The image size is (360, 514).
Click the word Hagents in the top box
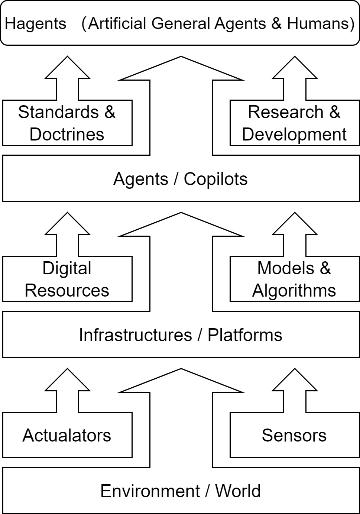tap(36, 24)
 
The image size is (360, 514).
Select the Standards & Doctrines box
tap(67, 123)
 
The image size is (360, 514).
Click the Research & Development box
tap(294, 123)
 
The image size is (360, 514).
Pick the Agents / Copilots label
tap(181, 179)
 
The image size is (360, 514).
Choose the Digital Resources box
tap(67, 279)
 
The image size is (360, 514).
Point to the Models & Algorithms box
tap(294, 279)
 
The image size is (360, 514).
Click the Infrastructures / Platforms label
tap(181, 335)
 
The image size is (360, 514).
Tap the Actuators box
tap(67, 435)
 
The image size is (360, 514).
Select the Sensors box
tap(294, 435)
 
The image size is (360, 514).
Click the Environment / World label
tap(181, 491)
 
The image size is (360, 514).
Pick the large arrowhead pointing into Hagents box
tap(181, 71)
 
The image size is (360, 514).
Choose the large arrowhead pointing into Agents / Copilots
tap(181, 227)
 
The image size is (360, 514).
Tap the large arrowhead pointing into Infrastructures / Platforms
tap(181, 383)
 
